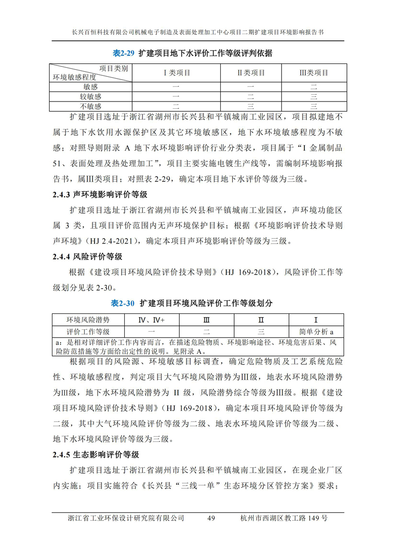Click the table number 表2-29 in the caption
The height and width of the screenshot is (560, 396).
pos(124,53)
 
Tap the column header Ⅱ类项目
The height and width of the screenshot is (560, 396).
pos(251,73)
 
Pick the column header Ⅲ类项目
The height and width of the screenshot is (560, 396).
pos(314,73)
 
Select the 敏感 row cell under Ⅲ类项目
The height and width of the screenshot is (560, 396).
pos(314,87)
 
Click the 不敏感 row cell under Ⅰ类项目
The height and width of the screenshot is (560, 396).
pos(177,106)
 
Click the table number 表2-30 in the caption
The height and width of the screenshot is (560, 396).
pos(124,303)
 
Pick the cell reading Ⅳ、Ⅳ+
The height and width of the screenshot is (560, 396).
pos(151,320)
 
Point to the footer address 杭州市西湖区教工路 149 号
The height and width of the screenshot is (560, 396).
pos(283,518)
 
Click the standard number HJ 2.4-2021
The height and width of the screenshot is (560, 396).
pos(114,242)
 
